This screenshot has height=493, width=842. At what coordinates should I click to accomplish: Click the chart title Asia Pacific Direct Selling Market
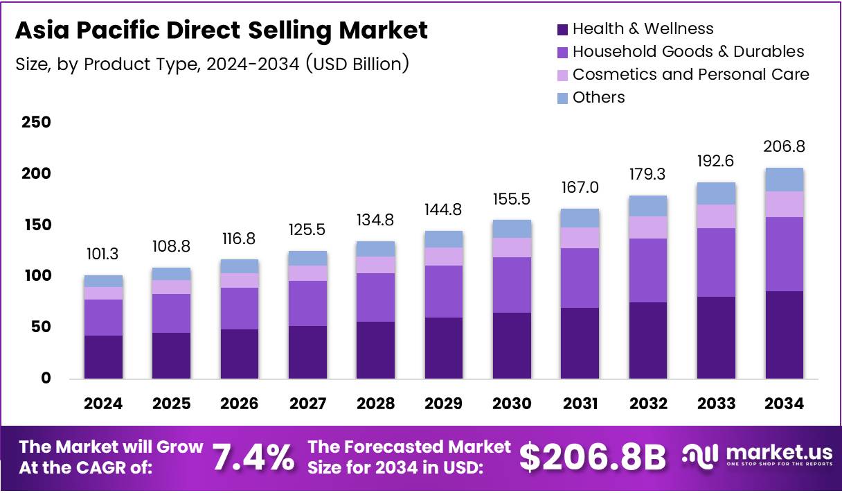pyautogui.click(x=221, y=31)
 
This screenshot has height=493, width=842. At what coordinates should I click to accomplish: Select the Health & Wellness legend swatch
pyautogui.click(x=563, y=29)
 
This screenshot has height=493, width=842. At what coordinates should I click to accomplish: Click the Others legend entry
pyautogui.click(x=598, y=98)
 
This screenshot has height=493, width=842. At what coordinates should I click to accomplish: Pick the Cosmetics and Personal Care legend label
pyautogui.click(x=690, y=74)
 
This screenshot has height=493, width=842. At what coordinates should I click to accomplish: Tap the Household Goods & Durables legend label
pyautogui.click(x=688, y=51)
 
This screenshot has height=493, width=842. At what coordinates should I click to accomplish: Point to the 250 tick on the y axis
pyautogui.click(x=36, y=123)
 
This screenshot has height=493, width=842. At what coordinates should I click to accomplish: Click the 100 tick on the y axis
pyautogui.click(x=36, y=276)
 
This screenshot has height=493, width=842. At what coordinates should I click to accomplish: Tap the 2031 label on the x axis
pyautogui.click(x=580, y=404)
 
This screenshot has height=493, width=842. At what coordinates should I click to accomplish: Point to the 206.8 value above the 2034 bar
pyautogui.click(x=785, y=147)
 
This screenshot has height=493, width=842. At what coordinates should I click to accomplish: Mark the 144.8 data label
pyautogui.click(x=444, y=209)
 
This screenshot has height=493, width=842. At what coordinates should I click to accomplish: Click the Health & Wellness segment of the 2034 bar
pyautogui.click(x=785, y=334)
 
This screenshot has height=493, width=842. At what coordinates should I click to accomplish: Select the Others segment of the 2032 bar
pyautogui.click(x=648, y=206)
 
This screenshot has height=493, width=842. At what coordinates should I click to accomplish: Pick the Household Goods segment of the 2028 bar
pyautogui.click(x=376, y=297)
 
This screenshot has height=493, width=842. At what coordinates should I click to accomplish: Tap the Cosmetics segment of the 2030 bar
pyautogui.click(x=512, y=248)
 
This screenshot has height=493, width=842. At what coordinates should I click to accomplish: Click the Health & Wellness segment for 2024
pyautogui.click(x=103, y=356)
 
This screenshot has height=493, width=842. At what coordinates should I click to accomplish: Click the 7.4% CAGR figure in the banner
pyautogui.click(x=253, y=458)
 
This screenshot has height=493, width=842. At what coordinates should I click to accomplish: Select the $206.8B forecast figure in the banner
pyautogui.click(x=593, y=458)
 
